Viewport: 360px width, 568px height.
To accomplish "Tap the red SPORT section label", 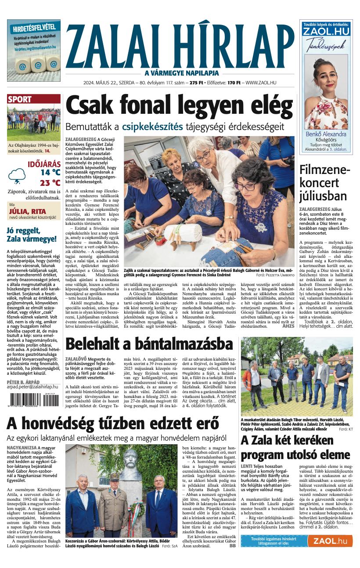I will [x=20, y=100].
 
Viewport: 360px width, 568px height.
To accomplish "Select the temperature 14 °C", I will [x=50, y=173].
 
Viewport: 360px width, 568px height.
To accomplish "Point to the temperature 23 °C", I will [x=50, y=183].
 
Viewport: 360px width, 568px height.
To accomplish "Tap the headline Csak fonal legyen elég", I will [x=179, y=106].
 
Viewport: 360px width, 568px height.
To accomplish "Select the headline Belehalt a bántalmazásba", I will [x=149, y=344].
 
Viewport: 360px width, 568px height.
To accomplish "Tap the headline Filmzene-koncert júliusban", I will [x=324, y=183].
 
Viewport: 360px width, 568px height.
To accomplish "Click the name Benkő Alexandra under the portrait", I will [x=326, y=134].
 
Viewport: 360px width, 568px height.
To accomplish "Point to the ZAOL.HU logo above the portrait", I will [x=326, y=32].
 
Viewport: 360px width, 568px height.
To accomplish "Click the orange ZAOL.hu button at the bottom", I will [x=330, y=541].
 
